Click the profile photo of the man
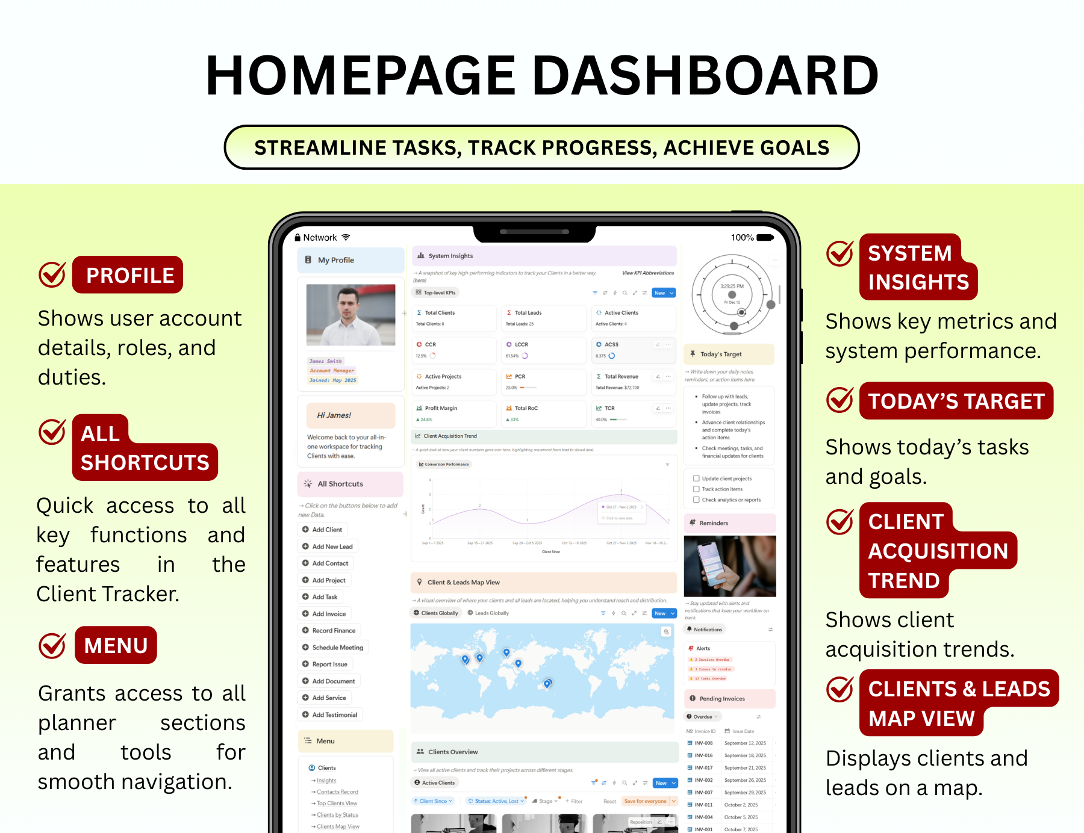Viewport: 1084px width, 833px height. click(350, 315)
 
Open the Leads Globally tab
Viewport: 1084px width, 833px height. click(488, 613)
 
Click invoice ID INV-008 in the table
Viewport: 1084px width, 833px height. click(703, 743)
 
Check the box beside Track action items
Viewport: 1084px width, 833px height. click(696, 489)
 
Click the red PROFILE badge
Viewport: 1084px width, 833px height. click(128, 275)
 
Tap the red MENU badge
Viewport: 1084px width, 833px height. click(116, 645)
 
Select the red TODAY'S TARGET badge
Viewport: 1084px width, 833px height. click(956, 401)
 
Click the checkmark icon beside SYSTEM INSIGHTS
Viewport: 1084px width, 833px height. click(839, 253)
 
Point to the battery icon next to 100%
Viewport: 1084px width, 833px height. click(765, 238)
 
